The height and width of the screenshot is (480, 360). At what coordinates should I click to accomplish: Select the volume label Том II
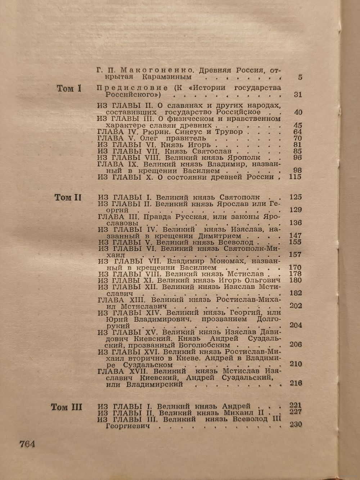click(x=68, y=197)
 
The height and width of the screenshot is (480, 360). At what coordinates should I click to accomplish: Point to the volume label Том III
click(x=67, y=407)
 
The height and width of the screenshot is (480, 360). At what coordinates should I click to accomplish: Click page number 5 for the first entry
click(x=300, y=77)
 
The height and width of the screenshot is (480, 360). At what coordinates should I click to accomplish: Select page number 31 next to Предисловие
click(x=297, y=95)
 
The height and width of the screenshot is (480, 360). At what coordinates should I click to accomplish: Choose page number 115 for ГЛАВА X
click(x=295, y=177)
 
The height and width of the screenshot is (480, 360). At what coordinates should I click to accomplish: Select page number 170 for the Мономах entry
click(x=295, y=268)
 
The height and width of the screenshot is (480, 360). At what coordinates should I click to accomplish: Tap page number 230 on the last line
click(x=296, y=425)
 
